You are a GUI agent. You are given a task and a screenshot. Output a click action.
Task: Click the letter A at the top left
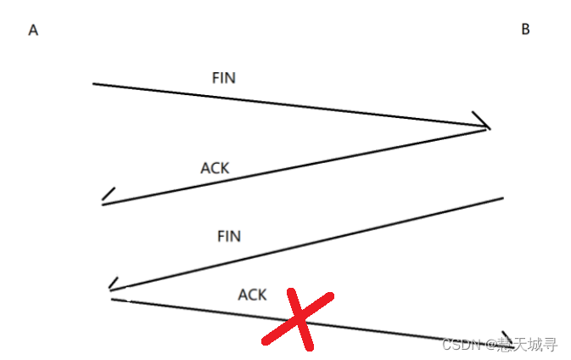33,31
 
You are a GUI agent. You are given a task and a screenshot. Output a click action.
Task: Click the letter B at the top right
525,30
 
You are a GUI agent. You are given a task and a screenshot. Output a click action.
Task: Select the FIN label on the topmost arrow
224,78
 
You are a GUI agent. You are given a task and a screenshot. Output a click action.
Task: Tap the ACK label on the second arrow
215,168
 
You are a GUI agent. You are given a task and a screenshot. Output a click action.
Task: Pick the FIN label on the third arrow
229,236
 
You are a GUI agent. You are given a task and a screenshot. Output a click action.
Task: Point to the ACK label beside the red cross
252,295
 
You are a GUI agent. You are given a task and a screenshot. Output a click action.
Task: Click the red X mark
298,319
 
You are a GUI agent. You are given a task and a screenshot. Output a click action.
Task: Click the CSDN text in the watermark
460,345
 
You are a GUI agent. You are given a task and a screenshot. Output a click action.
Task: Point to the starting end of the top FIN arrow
94,84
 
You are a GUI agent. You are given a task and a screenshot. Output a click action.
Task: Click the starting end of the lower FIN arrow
502,199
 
